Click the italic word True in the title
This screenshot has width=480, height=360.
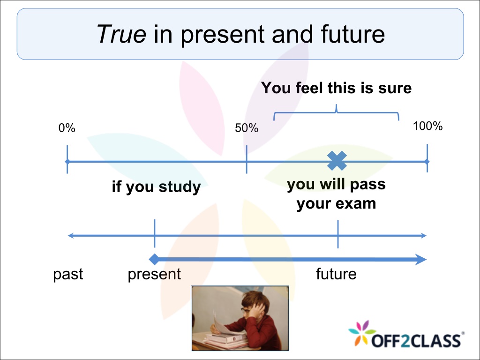121,34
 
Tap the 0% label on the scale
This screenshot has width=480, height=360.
67,128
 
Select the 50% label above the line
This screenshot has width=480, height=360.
247,128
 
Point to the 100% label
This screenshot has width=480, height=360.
427,126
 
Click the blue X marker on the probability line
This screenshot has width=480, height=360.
337,161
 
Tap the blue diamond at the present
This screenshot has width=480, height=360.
154,259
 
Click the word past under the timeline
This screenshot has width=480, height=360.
68,274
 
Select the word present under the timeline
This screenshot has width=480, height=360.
154,274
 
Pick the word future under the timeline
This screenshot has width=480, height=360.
336,274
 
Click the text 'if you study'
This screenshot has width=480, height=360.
156,187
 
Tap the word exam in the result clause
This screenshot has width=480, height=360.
357,203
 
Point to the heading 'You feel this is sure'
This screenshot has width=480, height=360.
336,88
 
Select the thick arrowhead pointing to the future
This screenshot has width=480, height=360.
420,260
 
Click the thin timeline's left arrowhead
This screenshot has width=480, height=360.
71,235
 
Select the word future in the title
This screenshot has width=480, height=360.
352,34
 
